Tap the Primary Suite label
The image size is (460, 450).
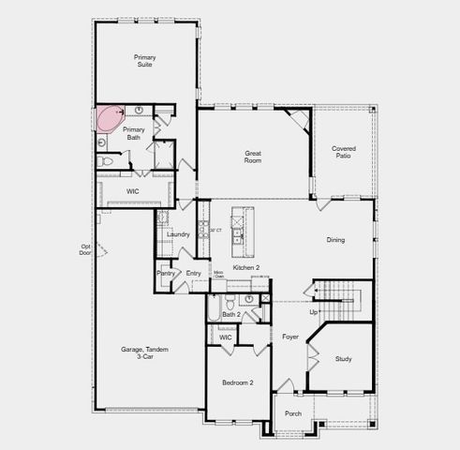click(x=144, y=62)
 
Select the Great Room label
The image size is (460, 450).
click(x=253, y=157)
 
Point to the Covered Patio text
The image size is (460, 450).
click(x=344, y=153)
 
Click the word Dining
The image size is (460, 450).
click(x=335, y=240)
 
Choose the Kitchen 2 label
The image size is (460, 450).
click(x=246, y=268)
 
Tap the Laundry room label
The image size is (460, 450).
click(x=179, y=234)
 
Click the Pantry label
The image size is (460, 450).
click(x=166, y=274)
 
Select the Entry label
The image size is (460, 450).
click(x=193, y=274)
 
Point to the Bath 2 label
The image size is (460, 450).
click(x=231, y=315)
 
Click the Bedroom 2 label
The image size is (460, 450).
click(x=237, y=382)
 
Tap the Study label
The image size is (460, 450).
click(x=343, y=358)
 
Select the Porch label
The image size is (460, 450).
click(x=293, y=412)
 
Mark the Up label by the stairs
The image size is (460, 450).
click(x=313, y=312)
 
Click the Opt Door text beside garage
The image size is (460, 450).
click(x=86, y=250)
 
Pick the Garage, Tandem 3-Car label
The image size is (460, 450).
click(x=145, y=352)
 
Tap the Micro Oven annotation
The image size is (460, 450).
click(x=218, y=276)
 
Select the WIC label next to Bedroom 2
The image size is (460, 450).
click(x=226, y=337)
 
